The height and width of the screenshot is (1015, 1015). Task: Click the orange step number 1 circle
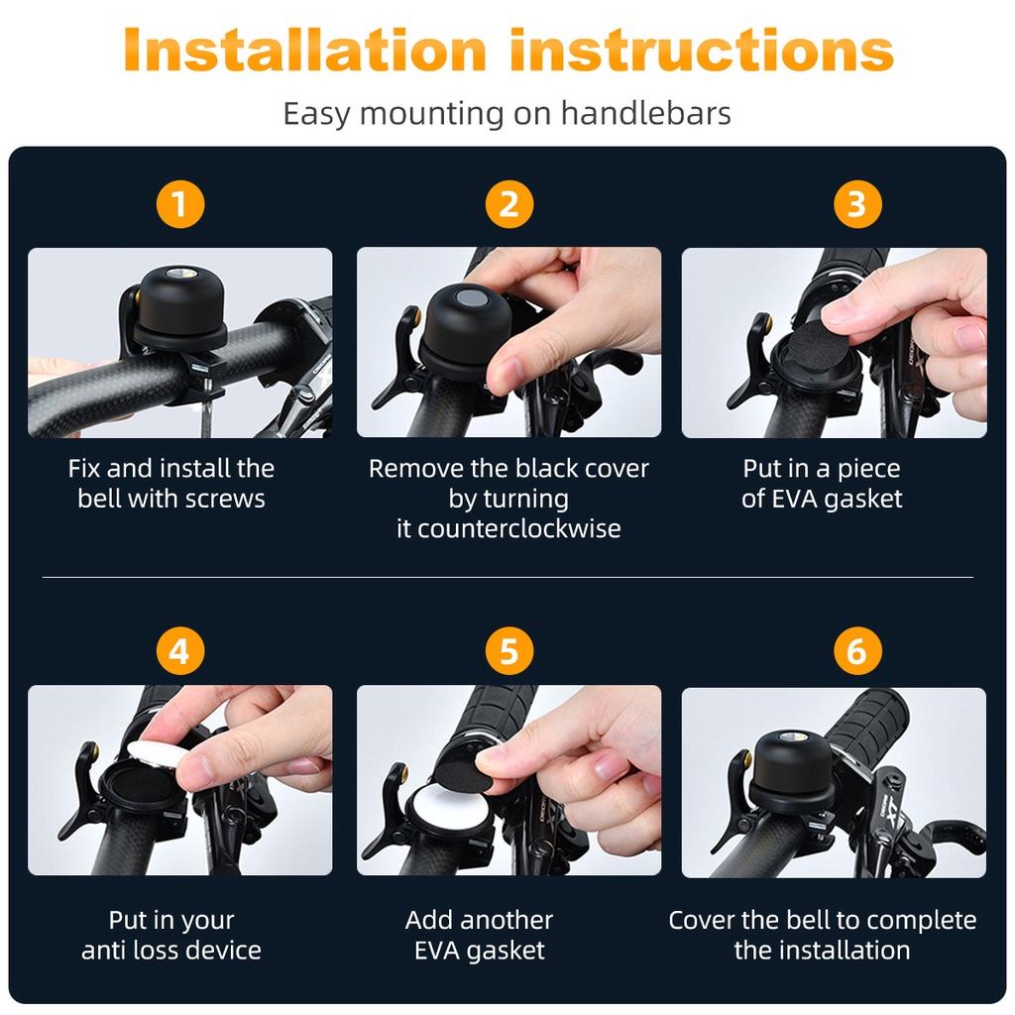[x=180, y=204]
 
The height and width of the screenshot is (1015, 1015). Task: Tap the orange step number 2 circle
[x=508, y=204]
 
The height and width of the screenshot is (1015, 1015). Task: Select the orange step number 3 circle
[x=857, y=204]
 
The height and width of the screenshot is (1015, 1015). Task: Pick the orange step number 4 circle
[x=180, y=650]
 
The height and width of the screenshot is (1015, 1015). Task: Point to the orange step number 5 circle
[x=508, y=650]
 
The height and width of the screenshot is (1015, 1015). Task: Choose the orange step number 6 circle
[x=857, y=650]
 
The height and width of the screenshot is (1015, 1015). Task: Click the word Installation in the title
[x=304, y=50]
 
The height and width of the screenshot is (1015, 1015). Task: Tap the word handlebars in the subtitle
[x=645, y=113]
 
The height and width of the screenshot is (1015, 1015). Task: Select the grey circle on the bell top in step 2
[x=470, y=297]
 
